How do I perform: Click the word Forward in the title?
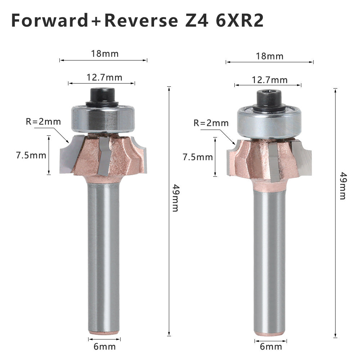pyautogui.click(x=49, y=21)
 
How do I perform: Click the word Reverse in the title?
pyautogui.click(x=141, y=21)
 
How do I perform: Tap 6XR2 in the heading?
pyautogui.click(x=239, y=21)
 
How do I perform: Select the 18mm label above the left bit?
pyautogui.click(x=105, y=54)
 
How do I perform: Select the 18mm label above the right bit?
pyautogui.click(x=270, y=56)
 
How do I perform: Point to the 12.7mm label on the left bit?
pyautogui.click(x=104, y=78)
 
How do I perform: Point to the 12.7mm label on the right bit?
pyautogui.click(x=270, y=80)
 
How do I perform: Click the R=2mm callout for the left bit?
pyautogui.click(x=43, y=121)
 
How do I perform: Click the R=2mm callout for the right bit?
pyautogui.click(x=211, y=123)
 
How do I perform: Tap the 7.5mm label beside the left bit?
pyautogui.click(x=31, y=156)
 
